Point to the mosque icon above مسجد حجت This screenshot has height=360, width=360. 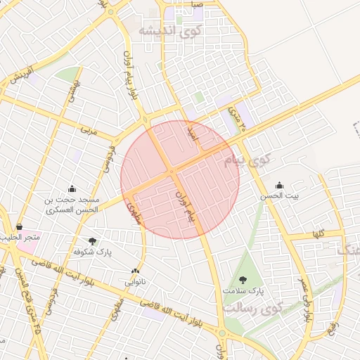[72, 188]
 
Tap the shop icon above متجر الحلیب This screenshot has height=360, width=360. [19, 227]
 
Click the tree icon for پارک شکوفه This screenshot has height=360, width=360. [93, 241]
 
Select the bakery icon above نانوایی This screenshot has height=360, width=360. [135, 271]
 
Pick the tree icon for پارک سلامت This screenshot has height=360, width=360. [243, 280]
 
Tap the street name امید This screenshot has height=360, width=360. [191, 131]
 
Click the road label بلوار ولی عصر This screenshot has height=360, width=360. [307, 296]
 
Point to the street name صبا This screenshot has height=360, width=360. [197, 4]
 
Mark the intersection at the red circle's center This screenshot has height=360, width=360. [172, 172]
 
